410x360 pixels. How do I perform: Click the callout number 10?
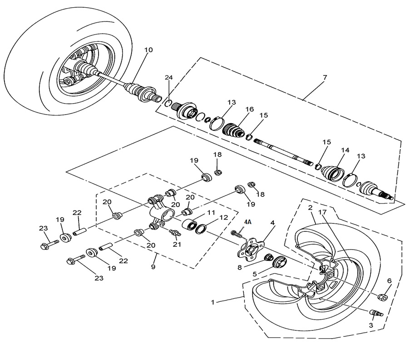point(148,50)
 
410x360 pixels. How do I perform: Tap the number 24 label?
point(169,78)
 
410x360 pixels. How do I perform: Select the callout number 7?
point(325,77)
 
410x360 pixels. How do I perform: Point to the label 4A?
point(247,221)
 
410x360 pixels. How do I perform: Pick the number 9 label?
point(153,267)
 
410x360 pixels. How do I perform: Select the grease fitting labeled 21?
point(174,233)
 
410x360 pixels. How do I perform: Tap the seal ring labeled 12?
point(202,228)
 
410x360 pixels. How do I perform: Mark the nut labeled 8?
point(267,258)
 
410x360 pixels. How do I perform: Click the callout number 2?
point(310,208)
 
